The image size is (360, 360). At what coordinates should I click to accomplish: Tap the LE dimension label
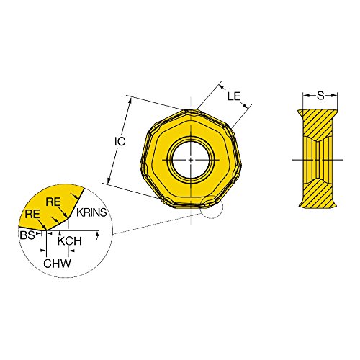[232, 95]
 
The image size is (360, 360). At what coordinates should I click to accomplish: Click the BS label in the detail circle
[26, 235]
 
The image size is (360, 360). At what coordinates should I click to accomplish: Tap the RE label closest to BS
[31, 214]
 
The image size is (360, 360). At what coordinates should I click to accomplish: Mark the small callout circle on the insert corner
[212, 206]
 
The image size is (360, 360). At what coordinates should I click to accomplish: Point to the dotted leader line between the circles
[158, 221]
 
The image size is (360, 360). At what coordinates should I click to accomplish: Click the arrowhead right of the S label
[336, 94]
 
